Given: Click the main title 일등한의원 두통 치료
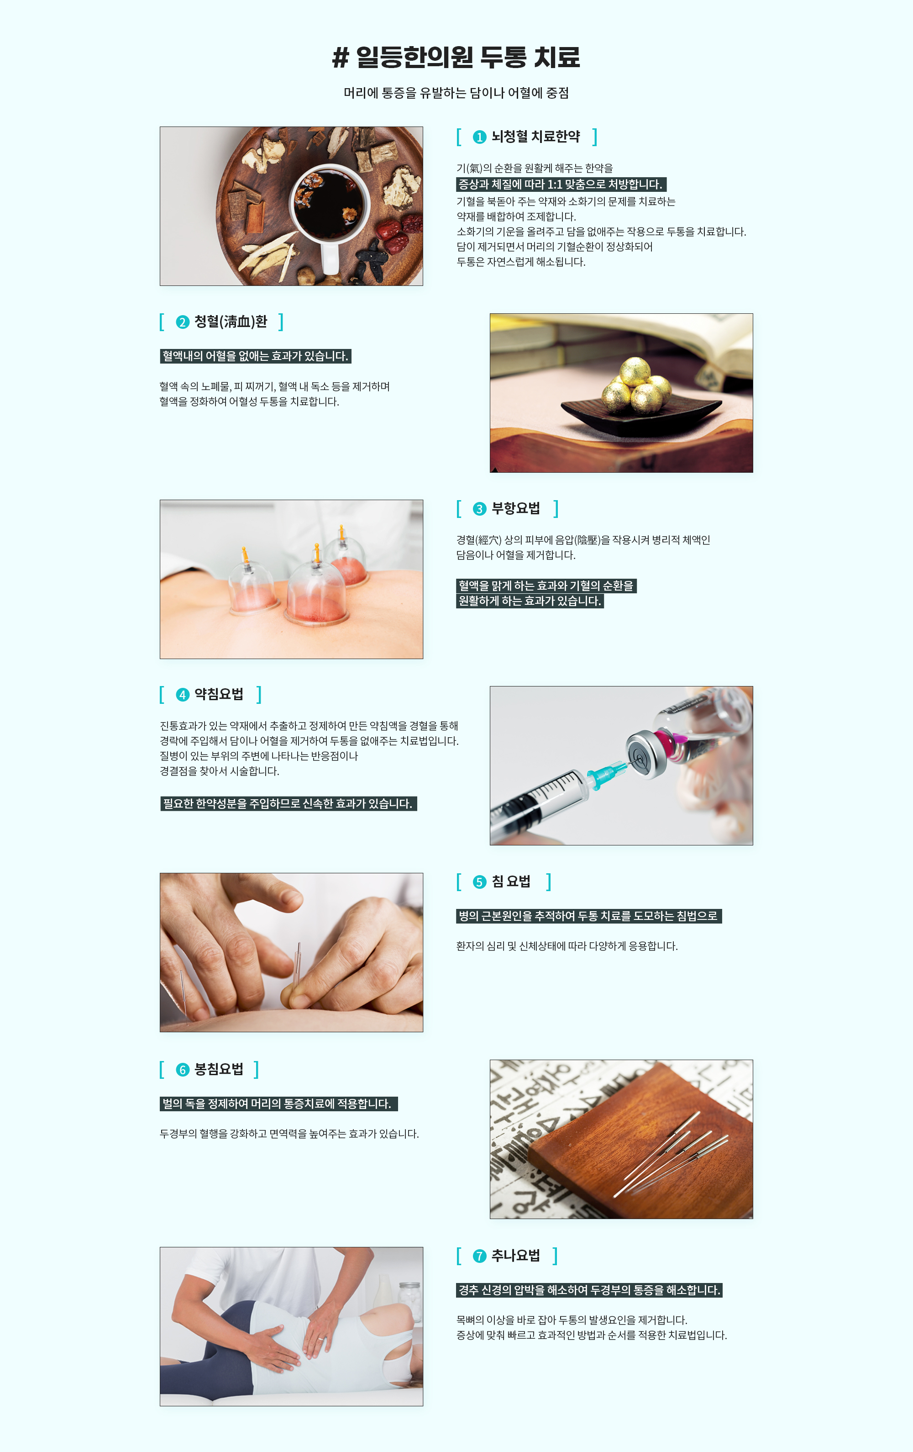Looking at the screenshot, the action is pos(456,57).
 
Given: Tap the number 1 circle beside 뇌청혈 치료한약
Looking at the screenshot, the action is pos(479,137).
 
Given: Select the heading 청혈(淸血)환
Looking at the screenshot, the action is pos(231,322).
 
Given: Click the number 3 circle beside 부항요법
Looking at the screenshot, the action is pos(479,509).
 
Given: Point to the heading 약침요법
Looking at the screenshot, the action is pos(219,695).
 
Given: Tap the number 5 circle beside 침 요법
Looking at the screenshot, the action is pos(479,882).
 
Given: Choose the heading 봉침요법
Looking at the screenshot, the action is pos(219,1070).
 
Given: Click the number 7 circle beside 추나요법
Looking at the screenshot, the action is pos(479,1256).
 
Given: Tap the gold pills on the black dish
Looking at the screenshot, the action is pos(636,385).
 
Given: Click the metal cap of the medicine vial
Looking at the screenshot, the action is pos(646,754).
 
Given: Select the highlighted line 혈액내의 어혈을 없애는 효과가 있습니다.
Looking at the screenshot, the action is pos(256,356).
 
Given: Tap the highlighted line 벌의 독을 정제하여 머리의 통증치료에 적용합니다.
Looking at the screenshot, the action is pos(278,1104).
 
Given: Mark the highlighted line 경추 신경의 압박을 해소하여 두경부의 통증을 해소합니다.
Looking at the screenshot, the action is pos(589,1290).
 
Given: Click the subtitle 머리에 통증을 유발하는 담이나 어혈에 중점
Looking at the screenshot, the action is pos(456,93).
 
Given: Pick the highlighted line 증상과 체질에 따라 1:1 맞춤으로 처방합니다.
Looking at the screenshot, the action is pos(561,185).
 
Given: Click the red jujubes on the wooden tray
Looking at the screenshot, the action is pos(399,232).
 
